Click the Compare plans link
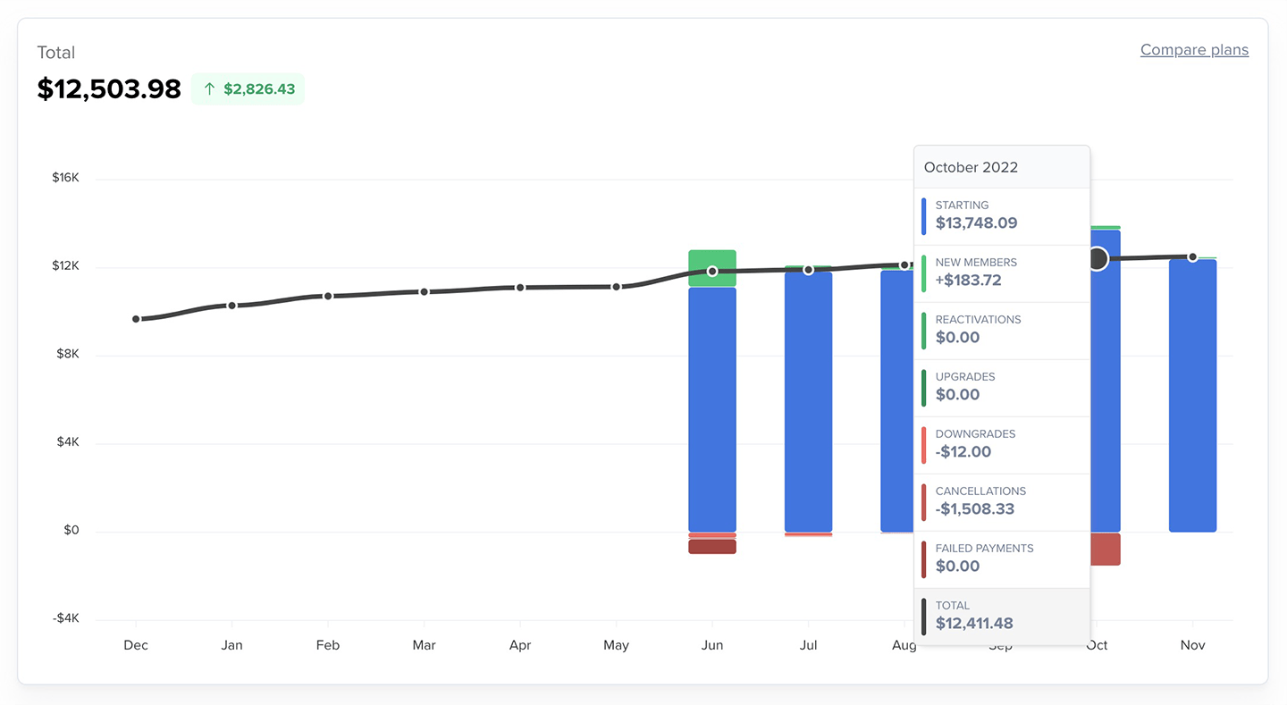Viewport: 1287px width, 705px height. tap(1194, 50)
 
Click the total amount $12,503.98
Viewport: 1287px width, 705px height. tap(109, 89)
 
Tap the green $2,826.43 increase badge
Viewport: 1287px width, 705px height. tap(248, 89)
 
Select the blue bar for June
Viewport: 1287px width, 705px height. tap(712, 411)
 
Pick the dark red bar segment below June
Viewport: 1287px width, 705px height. tap(712, 547)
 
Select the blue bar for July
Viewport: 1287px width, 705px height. tap(808, 402)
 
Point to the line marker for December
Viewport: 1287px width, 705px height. tap(136, 319)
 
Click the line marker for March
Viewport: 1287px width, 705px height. tap(424, 291)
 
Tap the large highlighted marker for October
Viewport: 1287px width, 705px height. tap(1098, 259)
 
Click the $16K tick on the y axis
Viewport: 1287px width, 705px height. tap(65, 178)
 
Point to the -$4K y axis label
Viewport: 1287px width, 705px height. tap(64, 618)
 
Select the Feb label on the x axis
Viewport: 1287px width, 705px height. tap(328, 645)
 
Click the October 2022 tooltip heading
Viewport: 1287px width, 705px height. tap(971, 167)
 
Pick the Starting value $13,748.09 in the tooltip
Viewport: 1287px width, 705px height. tap(976, 223)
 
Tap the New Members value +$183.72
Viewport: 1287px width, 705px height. tap(968, 281)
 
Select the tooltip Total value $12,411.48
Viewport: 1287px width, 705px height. tap(974, 624)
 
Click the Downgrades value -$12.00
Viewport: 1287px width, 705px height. tap(963, 452)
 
